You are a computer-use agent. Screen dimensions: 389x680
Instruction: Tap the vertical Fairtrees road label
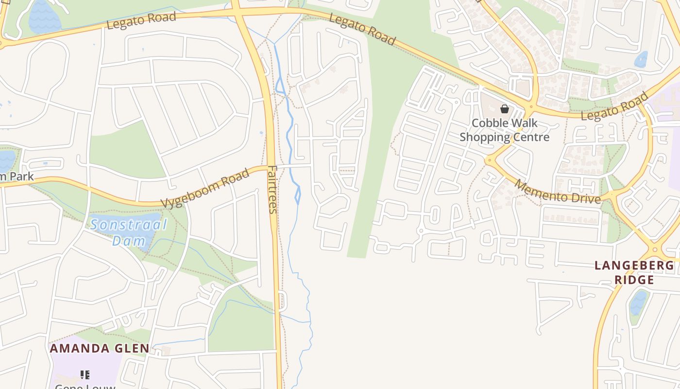(272, 190)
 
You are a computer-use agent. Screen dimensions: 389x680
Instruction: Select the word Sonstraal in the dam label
(129, 225)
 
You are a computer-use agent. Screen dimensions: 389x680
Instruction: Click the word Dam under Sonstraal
(129, 241)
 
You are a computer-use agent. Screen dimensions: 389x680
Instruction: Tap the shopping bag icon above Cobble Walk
(505, 109)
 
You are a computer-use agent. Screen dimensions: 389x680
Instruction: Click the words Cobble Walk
(505, 123)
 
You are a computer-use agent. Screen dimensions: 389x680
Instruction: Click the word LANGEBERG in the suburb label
(634, 265)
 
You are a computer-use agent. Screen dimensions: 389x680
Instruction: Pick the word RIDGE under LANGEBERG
(634, 280)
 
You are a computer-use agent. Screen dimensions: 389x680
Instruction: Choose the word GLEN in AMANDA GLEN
(132, 349)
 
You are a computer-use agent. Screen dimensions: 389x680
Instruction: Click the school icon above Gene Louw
(85, 374)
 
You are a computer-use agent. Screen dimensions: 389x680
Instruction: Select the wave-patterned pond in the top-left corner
(45, 17)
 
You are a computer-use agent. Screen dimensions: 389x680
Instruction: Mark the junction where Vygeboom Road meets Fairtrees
(270, 167)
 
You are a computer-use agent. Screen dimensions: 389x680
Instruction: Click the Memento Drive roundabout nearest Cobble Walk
(490, 159)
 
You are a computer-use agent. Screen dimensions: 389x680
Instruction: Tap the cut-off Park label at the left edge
(17, 176)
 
